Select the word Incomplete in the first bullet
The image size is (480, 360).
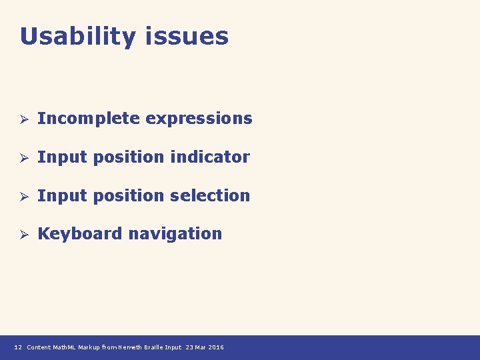click(x=89, y=119)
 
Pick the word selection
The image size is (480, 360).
click(x=210, y=195)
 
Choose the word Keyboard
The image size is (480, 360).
click(x=80, y=234)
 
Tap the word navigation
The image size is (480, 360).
click(x=175, y=234)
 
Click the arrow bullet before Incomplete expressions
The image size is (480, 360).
click(x=22, y=119)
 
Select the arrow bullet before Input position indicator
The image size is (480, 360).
click(x=22, y=158)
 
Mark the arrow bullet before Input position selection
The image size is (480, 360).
click(x=22, y=196)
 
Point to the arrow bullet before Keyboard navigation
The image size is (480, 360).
click(x=22, y=235)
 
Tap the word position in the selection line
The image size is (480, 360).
click(x=129, y=195)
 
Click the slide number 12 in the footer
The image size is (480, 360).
click(x=18, y=347)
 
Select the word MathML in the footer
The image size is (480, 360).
click(x=65, y=347)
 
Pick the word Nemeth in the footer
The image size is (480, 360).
click(x=128, y=347)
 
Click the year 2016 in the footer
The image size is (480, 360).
click(x=216, y=347)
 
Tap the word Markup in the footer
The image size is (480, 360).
click(x=90, y=347)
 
